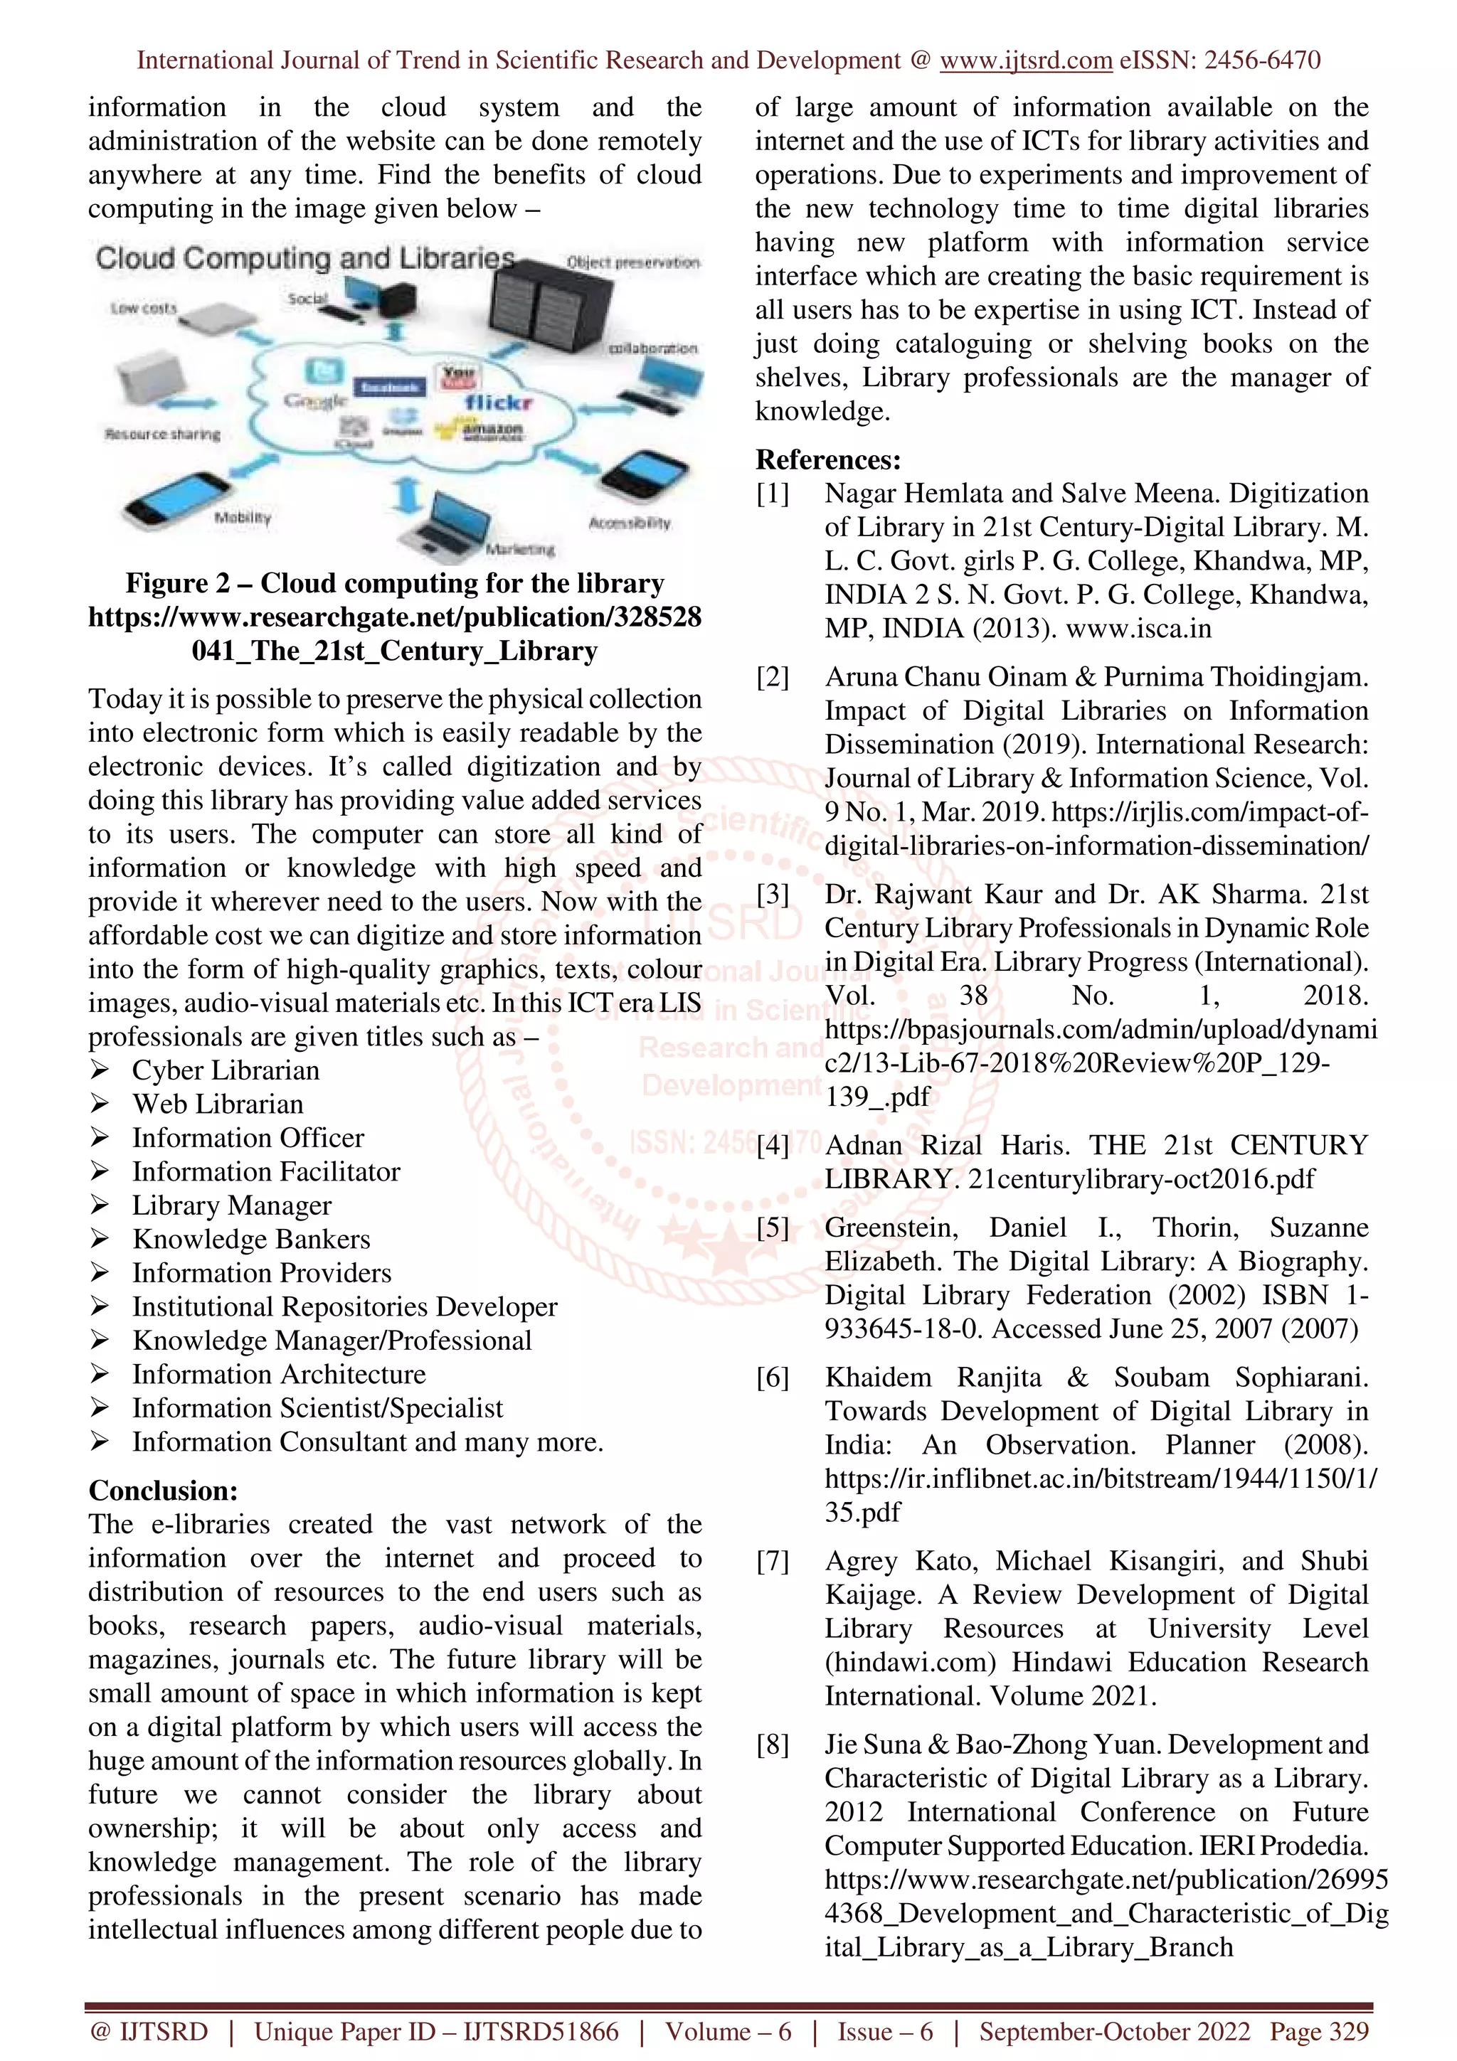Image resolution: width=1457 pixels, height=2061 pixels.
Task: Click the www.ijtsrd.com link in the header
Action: [x=1025, y=61]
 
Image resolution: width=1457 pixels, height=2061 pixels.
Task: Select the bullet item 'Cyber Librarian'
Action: [x=226, y=1070]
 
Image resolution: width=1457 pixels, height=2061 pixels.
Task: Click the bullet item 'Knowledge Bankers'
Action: [x=251, y=1239]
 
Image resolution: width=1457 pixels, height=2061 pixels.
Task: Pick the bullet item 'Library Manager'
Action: [x=232, y=1205]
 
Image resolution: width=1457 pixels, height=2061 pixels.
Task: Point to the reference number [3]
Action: [x=773, y=894]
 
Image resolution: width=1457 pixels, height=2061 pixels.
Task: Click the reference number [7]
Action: [x=773, y=1561]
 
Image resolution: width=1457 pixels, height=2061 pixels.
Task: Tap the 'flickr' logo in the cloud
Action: [x=499, y=402]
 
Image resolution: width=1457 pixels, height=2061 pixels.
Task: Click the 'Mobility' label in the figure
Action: [x=243, y=518]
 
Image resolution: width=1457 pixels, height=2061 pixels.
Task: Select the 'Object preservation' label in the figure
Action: [x=633, y=262]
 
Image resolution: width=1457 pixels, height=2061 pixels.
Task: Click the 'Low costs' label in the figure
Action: [x=144, y=308]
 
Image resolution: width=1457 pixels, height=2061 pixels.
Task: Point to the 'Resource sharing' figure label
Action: [x=162, y=435]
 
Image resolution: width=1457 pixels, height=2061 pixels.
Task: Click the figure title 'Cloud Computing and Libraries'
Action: [x=305, y=259]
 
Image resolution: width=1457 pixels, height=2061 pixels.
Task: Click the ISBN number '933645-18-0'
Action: [x=904, y=1328]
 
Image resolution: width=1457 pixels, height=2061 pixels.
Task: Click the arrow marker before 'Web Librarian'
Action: [x=100, y=1104]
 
